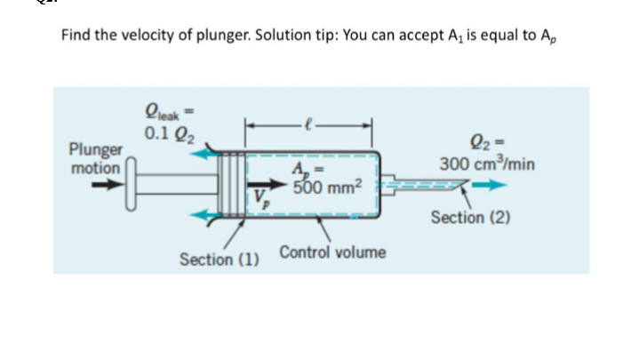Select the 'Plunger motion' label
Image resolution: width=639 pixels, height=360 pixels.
[97, 158]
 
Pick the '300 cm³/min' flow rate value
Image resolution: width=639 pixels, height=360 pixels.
[485, 165]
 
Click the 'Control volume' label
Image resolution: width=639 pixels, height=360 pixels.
[332, 252]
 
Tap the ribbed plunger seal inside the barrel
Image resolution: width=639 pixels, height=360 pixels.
[235, 185]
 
